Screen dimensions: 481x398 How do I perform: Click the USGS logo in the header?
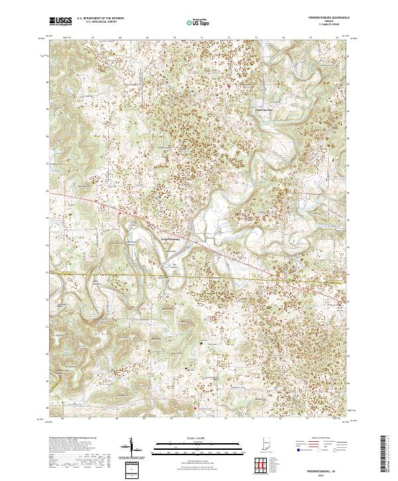tap(60, 21)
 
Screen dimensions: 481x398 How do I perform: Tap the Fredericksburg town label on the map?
tap(170, 240)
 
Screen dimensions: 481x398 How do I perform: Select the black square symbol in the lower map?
tap(202, 343)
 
